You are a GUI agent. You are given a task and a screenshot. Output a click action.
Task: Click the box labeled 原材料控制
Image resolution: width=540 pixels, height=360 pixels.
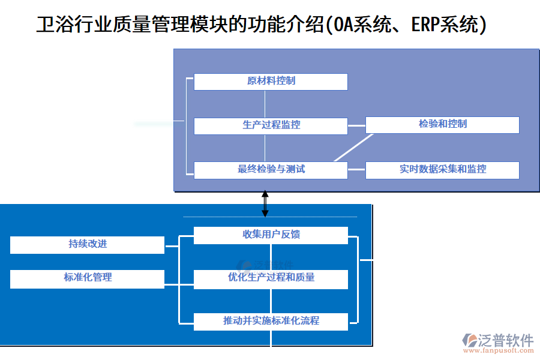pyautogui.click(x=271, y=82)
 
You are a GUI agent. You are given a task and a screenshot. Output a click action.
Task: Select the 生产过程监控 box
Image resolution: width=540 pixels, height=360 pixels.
pyautogui.click(x=271, y=125)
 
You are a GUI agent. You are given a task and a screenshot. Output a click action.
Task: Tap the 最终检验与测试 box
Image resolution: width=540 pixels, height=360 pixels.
pyautogui.click(x=271, y=170)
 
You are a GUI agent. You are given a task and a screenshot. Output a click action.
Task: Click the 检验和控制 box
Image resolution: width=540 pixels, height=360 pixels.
pyautogui.click(x=442, y=125)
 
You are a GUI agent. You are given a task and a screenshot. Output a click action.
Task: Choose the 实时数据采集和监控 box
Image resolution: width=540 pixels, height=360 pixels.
pyautogui.click(x=442, y=170)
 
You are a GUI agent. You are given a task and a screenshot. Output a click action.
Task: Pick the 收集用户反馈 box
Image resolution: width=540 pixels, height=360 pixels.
pyautogui.click(x=271, y=235)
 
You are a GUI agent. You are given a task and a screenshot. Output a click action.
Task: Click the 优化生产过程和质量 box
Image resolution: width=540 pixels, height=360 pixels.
pyautogui.click(x=271, y=278)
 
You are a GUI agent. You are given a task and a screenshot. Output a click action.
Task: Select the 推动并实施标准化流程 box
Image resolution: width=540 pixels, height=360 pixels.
pyautogui.click(x=271, y=322)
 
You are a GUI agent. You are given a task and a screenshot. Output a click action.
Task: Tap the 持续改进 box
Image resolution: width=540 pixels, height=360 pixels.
pyautogui.click(x=87, y=245)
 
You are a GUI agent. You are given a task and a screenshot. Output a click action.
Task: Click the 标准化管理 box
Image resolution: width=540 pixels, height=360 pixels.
pyautogui.click(x=87, y=278)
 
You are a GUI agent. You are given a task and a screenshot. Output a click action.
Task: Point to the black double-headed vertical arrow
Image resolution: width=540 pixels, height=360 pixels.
pyautogui.click(x=265, y=204)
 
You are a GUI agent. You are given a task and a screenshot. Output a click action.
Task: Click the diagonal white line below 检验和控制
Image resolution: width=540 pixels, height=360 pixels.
pyautogui.click(x=353, y=147)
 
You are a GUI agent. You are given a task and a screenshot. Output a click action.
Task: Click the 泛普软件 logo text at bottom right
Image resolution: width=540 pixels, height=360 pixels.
pyautogui.click(x=506, y=340)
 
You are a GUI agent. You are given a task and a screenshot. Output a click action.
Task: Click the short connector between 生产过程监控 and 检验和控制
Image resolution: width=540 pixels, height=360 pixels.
pyautogui.click(x=356, y=125)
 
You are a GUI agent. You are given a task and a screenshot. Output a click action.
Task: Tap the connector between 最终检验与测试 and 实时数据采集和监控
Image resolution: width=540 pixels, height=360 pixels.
pyautogui.click(x=356, y=170)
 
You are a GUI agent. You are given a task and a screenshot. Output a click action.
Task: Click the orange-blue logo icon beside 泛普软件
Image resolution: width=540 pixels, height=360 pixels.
pyautogui.click(x=469, y=340)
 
